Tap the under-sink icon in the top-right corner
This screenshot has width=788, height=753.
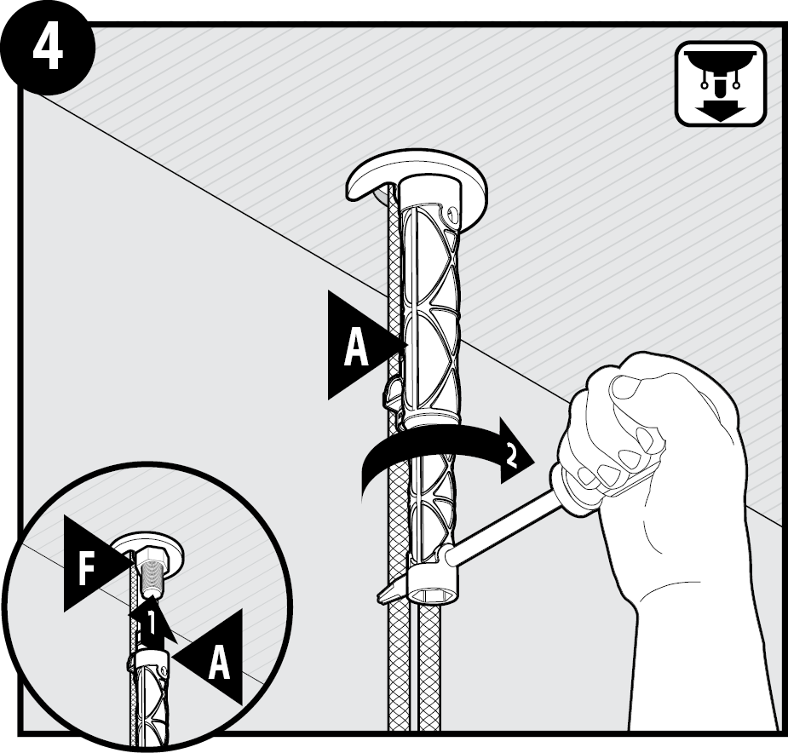720,83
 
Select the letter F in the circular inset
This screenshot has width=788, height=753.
86,569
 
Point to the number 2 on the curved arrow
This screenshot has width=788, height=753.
510,457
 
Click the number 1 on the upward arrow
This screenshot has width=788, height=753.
151,624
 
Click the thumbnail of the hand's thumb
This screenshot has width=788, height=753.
624,388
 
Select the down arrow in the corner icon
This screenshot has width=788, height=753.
720,110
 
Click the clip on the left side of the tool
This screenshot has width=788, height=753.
393,392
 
